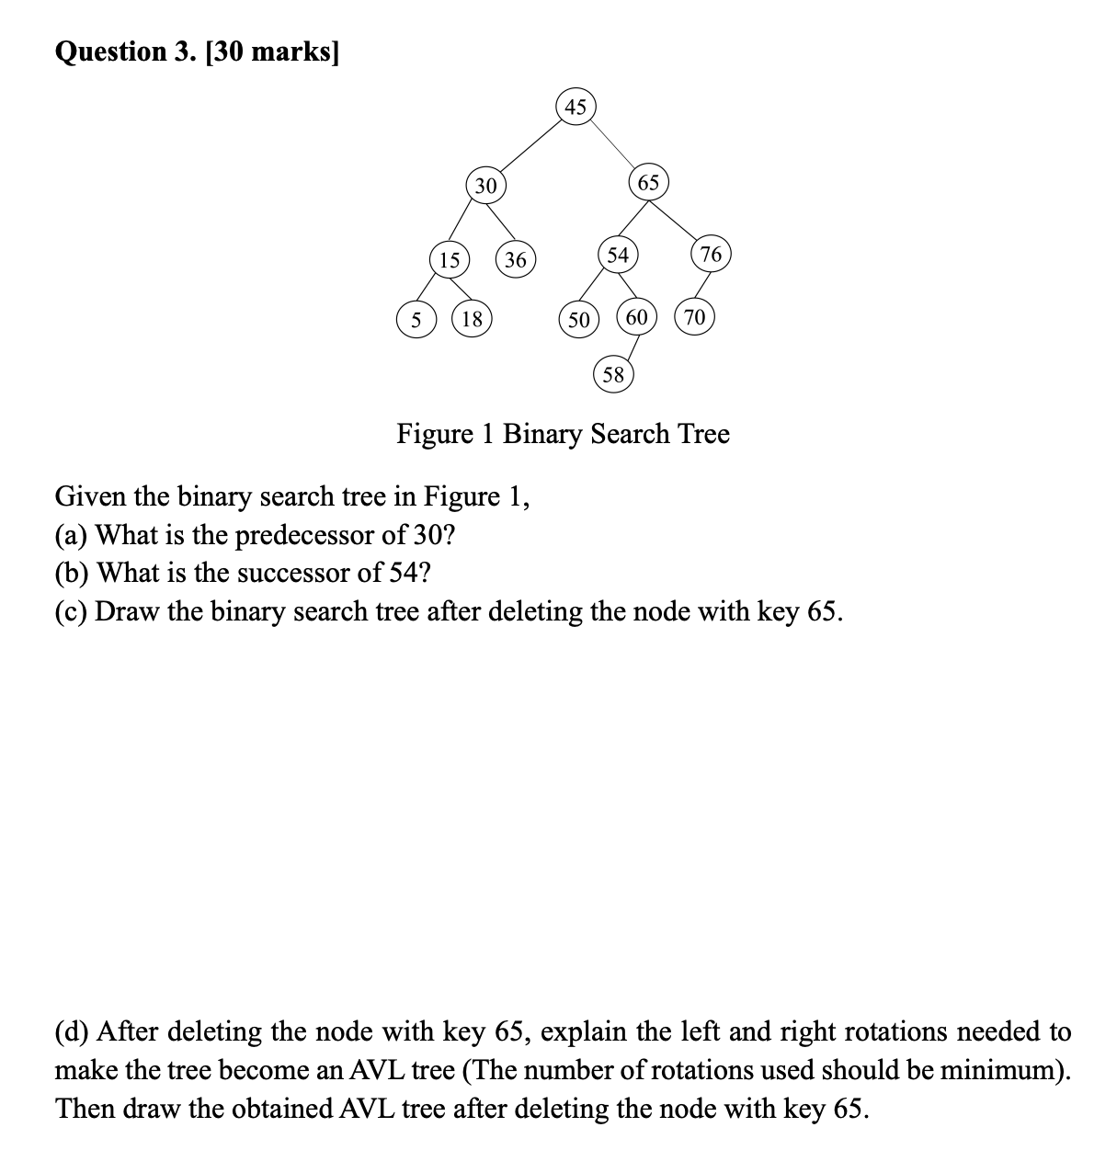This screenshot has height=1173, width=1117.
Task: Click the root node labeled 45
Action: click(x=576, y=107)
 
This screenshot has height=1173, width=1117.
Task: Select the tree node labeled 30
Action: click(x=485, y=185)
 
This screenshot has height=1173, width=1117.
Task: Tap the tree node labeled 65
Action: click(x=648, y=182)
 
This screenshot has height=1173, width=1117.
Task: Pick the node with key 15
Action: click(x=449, y=260)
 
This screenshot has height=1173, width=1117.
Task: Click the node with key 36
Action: click(x=516, y=260)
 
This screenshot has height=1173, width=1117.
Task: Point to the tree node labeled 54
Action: click(x=618, y=255)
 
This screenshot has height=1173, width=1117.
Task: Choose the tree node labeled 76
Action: click(x=711, y=254)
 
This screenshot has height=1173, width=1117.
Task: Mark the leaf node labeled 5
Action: click(x=416, y=320)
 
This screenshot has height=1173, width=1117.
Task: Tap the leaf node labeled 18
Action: click(x=473, y=320)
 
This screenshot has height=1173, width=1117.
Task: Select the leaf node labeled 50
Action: click(x=578, y=320)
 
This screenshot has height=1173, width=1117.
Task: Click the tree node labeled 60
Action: click(x=636, y=318)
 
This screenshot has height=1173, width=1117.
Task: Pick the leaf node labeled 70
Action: click(x=694, y=318)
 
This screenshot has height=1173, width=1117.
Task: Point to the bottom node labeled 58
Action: click(x=612, y=374)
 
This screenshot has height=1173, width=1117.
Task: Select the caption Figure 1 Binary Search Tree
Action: click(x=563, y=433)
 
